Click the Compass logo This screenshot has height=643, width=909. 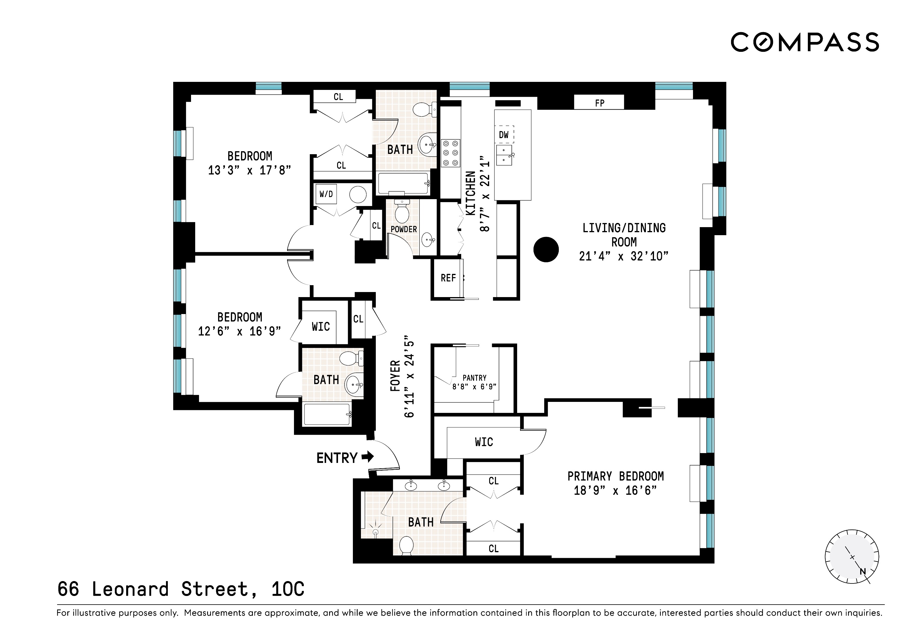[x=805, y=42]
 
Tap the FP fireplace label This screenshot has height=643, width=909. [x=599, y=103]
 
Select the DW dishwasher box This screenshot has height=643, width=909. [x=503, y=135]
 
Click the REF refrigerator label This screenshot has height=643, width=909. [x=448, y=278]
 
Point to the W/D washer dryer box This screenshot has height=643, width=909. [x=326, y=194]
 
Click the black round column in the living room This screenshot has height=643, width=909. [x=546, y=249]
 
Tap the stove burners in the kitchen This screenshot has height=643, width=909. [x=450, y=152]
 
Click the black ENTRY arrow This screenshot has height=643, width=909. [x=368, y=457]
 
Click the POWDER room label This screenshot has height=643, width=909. [x=403, y=230]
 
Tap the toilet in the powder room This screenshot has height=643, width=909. [x=402, y=211]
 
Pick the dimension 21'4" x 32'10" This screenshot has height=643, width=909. [x=624, y=256]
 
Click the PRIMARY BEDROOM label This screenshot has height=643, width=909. [x=615, y=476]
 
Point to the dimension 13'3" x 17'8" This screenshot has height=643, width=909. [x=249, y=170]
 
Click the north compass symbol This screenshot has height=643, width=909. [x=852, y=557]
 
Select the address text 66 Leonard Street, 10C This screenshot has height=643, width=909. [x=181, y=589]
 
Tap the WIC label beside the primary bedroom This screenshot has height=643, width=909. [x=484, y=442]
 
